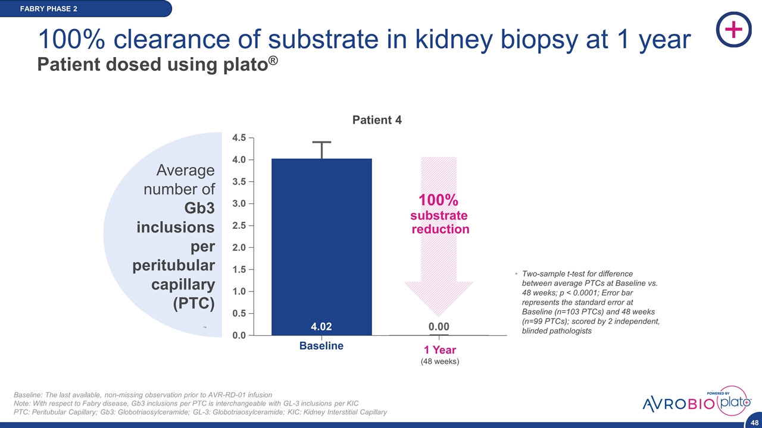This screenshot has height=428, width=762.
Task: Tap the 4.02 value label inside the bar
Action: [321, 326]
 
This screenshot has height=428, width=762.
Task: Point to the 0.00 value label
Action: [439, 326]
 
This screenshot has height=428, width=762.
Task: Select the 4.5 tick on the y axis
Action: [239, 138]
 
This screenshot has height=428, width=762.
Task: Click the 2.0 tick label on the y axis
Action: [239, 247]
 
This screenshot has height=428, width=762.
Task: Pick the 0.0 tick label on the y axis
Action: [239, 335]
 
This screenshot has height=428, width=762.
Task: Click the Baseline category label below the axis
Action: [321, 346]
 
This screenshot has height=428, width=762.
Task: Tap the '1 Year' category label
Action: [439, 350]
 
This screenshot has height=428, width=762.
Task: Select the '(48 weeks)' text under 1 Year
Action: [439, 361]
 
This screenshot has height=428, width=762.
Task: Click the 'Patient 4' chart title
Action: [377, 120]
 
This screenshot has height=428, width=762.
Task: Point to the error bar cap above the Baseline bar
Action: [321, 142]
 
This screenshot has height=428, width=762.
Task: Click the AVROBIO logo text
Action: [679, 404]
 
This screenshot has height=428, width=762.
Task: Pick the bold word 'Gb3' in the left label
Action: [199, 208]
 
